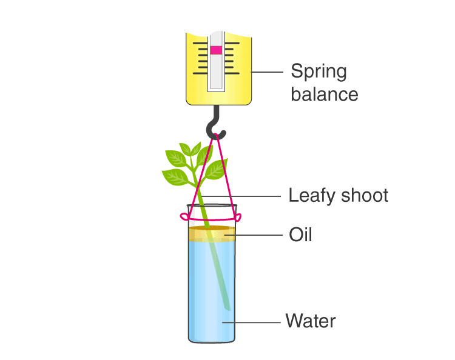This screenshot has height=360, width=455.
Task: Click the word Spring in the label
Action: [319, 72]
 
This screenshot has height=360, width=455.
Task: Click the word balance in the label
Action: [325, 95]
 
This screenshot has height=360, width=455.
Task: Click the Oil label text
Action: [300, 235]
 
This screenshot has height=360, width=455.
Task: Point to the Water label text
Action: [311, 321]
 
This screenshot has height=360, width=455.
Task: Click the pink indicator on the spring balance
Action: [216, 50]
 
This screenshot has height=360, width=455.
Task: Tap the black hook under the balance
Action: [215, 125]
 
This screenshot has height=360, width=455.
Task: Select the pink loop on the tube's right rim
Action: [239, 216]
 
